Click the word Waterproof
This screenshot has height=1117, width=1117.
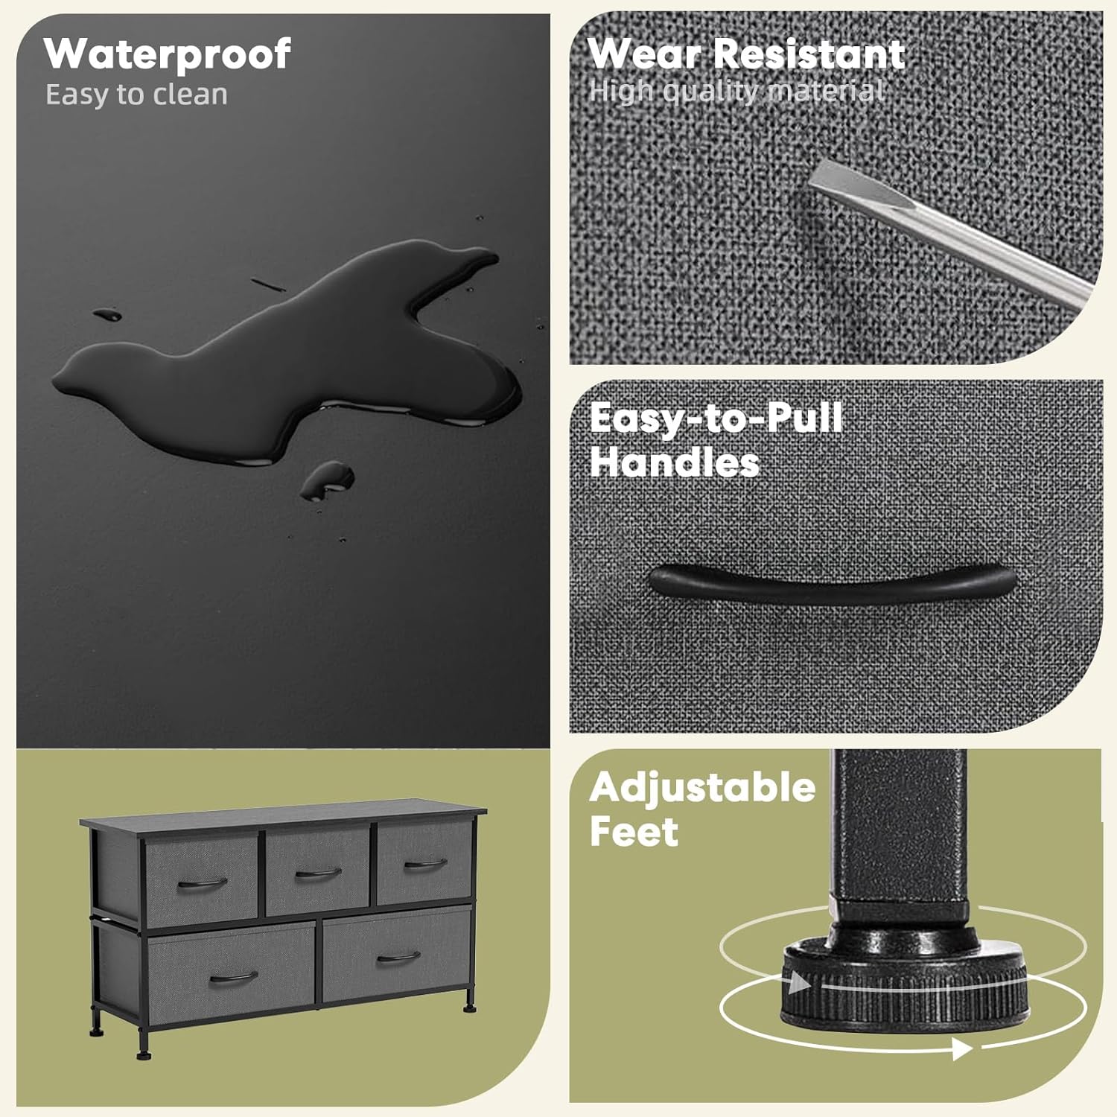[167, 55]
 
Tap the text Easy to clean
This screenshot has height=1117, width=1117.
[136, 95]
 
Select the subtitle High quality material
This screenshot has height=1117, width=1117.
[736, 91]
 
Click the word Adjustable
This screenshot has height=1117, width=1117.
[702, 788]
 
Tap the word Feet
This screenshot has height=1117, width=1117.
[634, 831]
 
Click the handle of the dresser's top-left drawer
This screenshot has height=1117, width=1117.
[203, 884]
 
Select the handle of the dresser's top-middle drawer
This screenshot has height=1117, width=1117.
[318, 873]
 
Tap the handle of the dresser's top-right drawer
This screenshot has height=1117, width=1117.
[425, 864]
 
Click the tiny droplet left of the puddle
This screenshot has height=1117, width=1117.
[107, 315]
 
